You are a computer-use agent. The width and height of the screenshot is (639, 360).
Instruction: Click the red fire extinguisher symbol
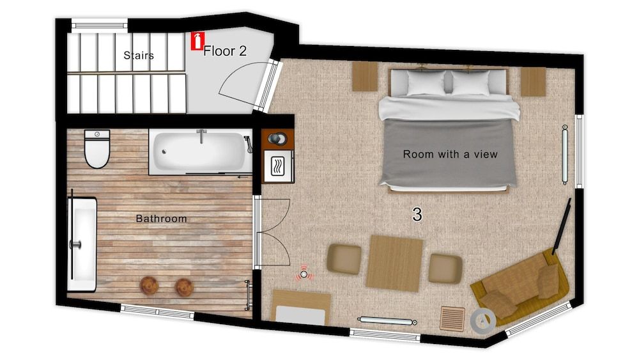[198, 41]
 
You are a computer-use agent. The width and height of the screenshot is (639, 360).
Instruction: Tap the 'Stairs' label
[139, 56]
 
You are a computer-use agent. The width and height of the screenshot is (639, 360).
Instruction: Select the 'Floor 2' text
[225, 52]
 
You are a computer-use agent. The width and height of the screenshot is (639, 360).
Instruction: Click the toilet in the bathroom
[97, 150]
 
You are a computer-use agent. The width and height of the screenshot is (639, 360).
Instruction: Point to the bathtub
[199, 152]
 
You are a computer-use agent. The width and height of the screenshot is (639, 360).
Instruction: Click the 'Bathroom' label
[161, 219]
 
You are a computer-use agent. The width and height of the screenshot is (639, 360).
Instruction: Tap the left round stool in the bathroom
[150, 286]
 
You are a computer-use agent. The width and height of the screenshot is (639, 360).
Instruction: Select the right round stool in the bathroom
[184, 287]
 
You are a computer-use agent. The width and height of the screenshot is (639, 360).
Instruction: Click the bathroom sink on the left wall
[82, 239]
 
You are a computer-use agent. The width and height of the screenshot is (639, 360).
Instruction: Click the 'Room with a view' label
[450, 154]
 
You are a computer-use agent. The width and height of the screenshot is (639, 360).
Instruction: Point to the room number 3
[417, 215]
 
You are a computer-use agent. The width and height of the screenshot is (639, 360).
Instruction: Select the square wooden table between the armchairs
[394, 263]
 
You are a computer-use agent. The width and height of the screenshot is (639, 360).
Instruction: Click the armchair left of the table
[344, 259]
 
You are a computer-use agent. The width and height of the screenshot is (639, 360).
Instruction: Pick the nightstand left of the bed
[366, 76]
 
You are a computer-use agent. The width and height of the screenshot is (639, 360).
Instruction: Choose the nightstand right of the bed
[532, 81]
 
